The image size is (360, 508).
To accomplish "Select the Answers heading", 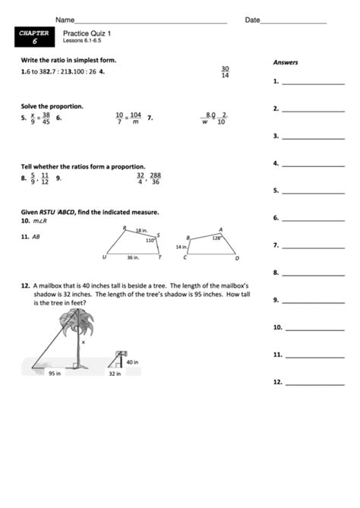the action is (286, 62).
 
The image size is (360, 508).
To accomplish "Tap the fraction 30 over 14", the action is (225, 71).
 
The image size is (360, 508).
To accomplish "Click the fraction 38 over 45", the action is (46, 118).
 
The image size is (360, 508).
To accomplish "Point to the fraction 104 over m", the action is (135, 118).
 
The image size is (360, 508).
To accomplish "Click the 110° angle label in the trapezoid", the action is (150, 240).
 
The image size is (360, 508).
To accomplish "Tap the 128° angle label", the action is (216, 238).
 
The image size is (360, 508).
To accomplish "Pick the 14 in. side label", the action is (181, 247).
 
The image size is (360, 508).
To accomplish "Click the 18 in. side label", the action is (141, 230).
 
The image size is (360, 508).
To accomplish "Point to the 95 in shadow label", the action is (55, 373).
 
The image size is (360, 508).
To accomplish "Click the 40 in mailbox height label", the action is (132, 362).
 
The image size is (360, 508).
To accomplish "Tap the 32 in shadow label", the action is (115, 373).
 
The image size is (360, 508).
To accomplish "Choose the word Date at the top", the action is (252, 19).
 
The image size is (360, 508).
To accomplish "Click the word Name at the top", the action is (65, 19).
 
